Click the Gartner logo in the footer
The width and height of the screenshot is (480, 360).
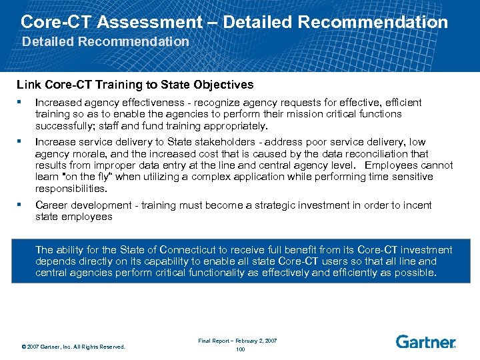pos(425,342)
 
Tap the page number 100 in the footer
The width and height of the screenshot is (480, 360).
pos(240,349)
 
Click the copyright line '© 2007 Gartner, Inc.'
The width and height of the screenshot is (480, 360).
pos(73,346)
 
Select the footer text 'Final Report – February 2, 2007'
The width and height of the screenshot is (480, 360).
pos(238,341)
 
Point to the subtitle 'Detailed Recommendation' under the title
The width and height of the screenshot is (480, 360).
pos(106,41)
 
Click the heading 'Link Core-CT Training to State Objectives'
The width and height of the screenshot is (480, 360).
pos(135,85)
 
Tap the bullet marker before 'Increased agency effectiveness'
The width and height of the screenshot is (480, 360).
pos(21,103)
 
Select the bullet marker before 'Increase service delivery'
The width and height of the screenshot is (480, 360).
pos(21,142)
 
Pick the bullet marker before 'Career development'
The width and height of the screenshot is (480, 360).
pos(21,205)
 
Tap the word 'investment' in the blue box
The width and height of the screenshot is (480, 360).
pos(427,250)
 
